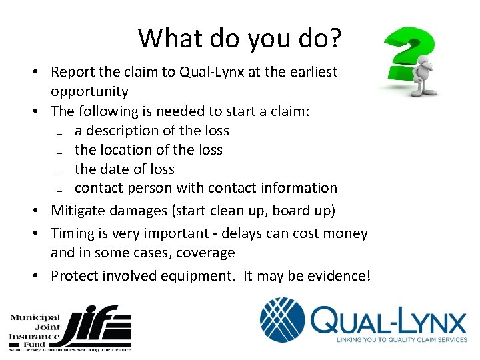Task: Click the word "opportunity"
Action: (x=89, y=91)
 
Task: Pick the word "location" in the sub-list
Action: (x=130, y=150)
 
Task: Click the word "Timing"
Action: (x=74, y=233)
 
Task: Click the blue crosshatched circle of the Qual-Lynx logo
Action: (x=283, y=321)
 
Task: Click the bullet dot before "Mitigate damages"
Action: (x=42, y=211)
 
